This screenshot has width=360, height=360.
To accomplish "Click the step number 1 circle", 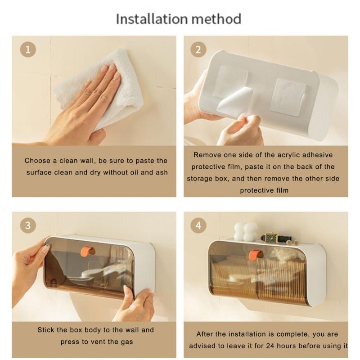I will (x=28, y=49).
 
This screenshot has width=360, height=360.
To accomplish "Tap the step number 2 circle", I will (x=198, y=49).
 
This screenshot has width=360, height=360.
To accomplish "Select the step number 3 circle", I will (x=28, y=225).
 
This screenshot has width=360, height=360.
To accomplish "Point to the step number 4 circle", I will (x=198, y=225).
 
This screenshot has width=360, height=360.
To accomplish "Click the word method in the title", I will (x=216, y=19).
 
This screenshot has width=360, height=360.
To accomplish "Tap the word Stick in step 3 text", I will (x=46, y=330).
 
